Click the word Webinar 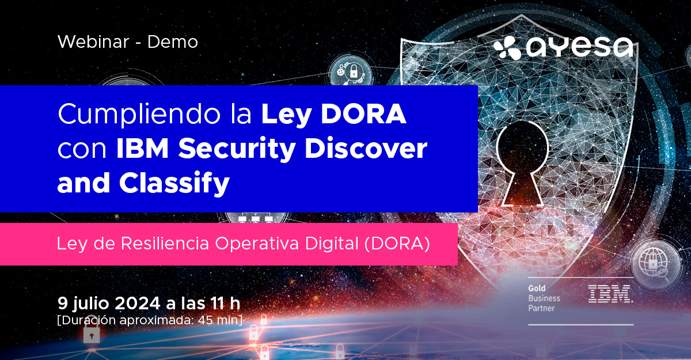[x=93, y=41]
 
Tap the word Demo [x=172, y=42]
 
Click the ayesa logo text [x=580, y=48]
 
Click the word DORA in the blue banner [x=363, y=114]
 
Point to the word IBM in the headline [x=143, y=149]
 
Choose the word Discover [x=366, y=149]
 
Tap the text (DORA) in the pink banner [x=397, y=244]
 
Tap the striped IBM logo [x=610, y=294]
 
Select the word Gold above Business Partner [x=537, y=289]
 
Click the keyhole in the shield [x=522, y=163]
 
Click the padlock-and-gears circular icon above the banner [x=351, y=71]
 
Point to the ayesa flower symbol [x=507, y=48]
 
